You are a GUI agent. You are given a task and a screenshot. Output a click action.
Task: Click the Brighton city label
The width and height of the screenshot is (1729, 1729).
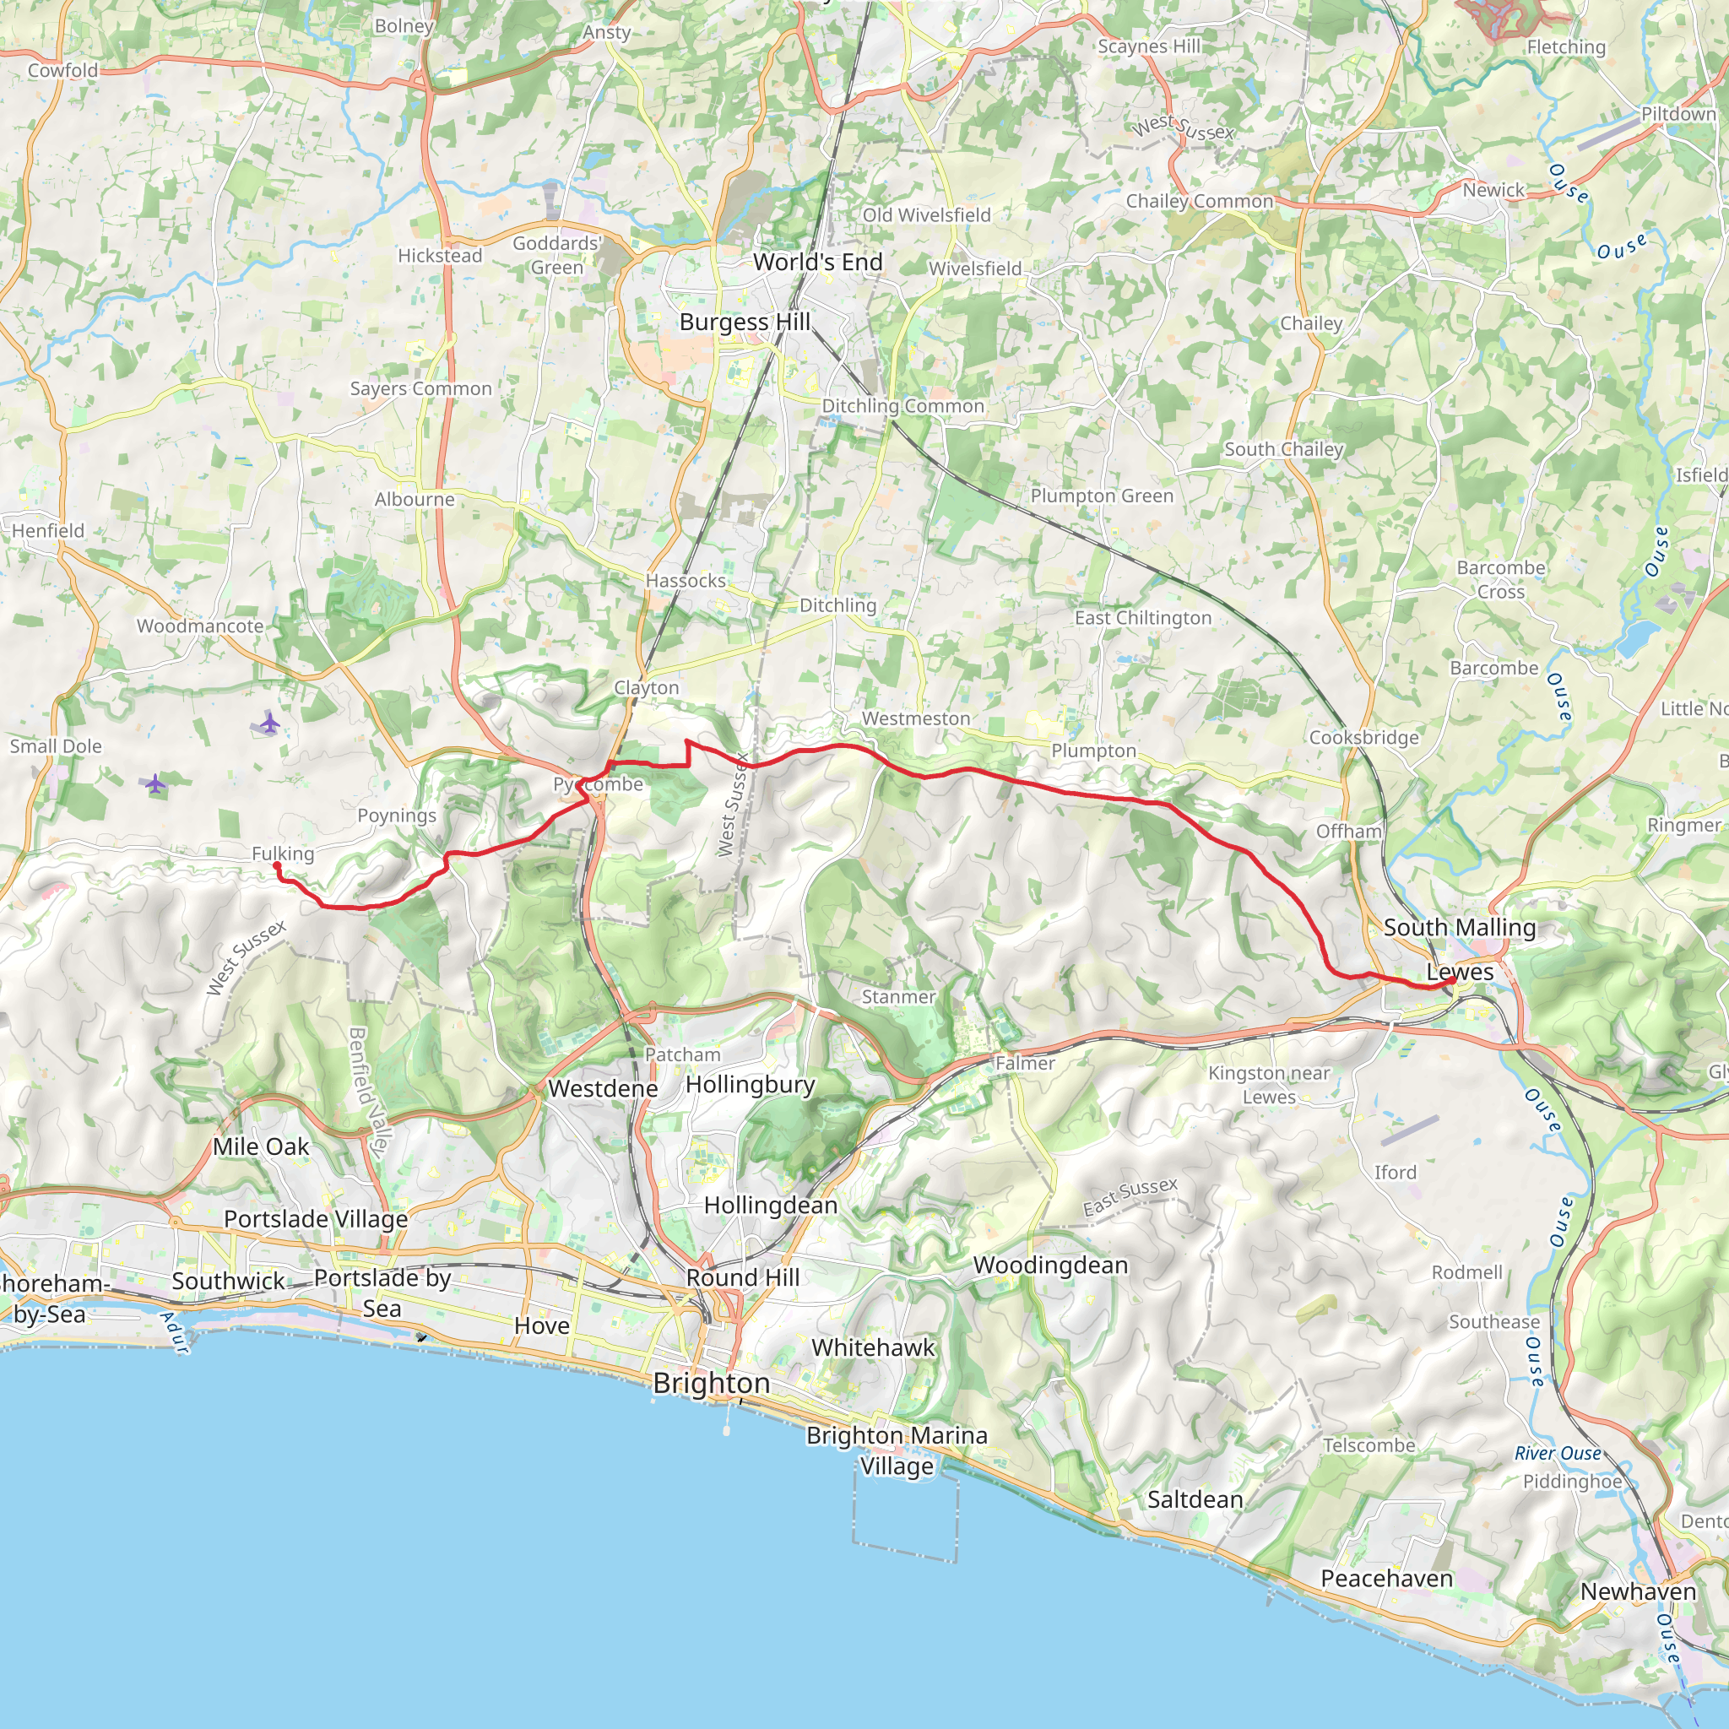point(712,1383)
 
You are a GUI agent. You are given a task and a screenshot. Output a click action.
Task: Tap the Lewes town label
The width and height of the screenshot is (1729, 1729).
point(1460,972)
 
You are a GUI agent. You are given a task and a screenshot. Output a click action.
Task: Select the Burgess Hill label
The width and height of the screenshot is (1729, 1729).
point(745,322)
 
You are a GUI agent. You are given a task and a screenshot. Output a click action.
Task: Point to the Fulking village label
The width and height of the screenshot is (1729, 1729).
point(283,853)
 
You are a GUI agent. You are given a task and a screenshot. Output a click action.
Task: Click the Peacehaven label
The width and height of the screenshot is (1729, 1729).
point(1386,1579)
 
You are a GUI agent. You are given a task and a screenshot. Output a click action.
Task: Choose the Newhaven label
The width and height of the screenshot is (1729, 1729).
point(1638,1592)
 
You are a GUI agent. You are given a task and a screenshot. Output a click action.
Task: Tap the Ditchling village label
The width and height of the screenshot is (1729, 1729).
point(837,605)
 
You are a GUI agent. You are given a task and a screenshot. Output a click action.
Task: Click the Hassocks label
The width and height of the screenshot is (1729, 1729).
point(686,581)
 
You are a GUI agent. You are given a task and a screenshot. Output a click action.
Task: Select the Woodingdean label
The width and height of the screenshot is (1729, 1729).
point(1050,1266)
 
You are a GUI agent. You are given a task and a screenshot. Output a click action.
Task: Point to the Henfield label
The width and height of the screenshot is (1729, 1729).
point(48,531)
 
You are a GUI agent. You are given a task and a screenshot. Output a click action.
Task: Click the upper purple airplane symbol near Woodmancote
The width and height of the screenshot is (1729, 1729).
point(269,724)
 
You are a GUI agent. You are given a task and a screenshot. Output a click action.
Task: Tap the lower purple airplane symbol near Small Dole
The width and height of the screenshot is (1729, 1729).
point(155,784)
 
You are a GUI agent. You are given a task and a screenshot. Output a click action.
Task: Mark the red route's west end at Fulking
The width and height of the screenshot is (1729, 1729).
point(278,865)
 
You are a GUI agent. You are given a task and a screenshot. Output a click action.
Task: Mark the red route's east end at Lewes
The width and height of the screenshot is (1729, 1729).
point(1450,982)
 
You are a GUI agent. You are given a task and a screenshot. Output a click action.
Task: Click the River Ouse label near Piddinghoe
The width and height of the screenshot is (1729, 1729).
point(1557,1455)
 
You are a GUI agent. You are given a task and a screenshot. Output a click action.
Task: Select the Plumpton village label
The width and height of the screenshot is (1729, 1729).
point(1093,751)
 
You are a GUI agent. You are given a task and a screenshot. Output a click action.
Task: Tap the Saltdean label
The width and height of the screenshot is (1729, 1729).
point(1195,1500)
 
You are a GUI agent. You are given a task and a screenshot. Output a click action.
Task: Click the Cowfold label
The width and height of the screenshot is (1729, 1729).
point(62,70)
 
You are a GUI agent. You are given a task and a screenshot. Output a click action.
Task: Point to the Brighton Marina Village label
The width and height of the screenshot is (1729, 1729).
point(897,1450)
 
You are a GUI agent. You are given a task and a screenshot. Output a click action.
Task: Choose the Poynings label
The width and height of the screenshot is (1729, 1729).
point(397,816)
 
